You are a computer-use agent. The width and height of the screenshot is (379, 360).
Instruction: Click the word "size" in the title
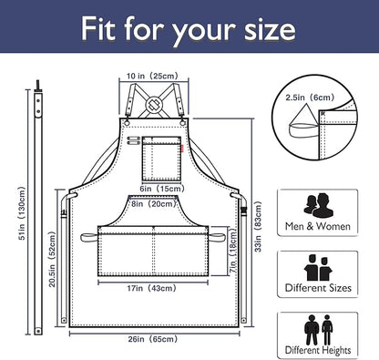(270, 29)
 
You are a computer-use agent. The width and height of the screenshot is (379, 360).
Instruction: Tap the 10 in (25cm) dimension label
(152, 76)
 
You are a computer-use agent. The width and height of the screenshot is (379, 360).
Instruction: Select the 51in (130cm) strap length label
(22, 213)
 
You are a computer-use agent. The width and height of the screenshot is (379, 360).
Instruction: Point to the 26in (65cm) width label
(152, 339)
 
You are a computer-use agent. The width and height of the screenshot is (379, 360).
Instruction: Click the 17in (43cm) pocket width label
(151, 288)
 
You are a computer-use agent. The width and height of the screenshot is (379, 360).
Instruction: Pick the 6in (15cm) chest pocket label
(162, 189)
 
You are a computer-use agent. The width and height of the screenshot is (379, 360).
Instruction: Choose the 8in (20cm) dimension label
(154, 203)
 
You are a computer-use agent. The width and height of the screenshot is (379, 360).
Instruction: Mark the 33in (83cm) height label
(258, 227)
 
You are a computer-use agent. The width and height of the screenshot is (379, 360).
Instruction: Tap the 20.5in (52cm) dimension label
(52, 259)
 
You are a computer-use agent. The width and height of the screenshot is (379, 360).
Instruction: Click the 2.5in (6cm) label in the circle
(310, 98)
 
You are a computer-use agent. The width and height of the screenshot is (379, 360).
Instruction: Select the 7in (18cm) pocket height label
(233, 251)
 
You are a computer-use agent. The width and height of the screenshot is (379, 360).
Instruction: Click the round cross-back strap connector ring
(154, 104)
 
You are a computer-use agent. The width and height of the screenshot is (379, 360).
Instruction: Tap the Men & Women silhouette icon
(318, 206)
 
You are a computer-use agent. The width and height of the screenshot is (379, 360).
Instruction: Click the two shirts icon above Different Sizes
(318, 268)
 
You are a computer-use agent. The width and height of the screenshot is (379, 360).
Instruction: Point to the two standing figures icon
(318, 330)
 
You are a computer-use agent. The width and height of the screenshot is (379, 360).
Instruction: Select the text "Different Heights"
(318, 350)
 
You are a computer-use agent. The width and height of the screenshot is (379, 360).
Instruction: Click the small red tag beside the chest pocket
(182, 149)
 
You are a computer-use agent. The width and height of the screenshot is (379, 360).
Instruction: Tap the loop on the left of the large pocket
(89, 237)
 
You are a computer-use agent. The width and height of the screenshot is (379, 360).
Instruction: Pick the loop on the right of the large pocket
(217, 237)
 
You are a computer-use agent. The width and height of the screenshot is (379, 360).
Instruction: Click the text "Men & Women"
(318, 226)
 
